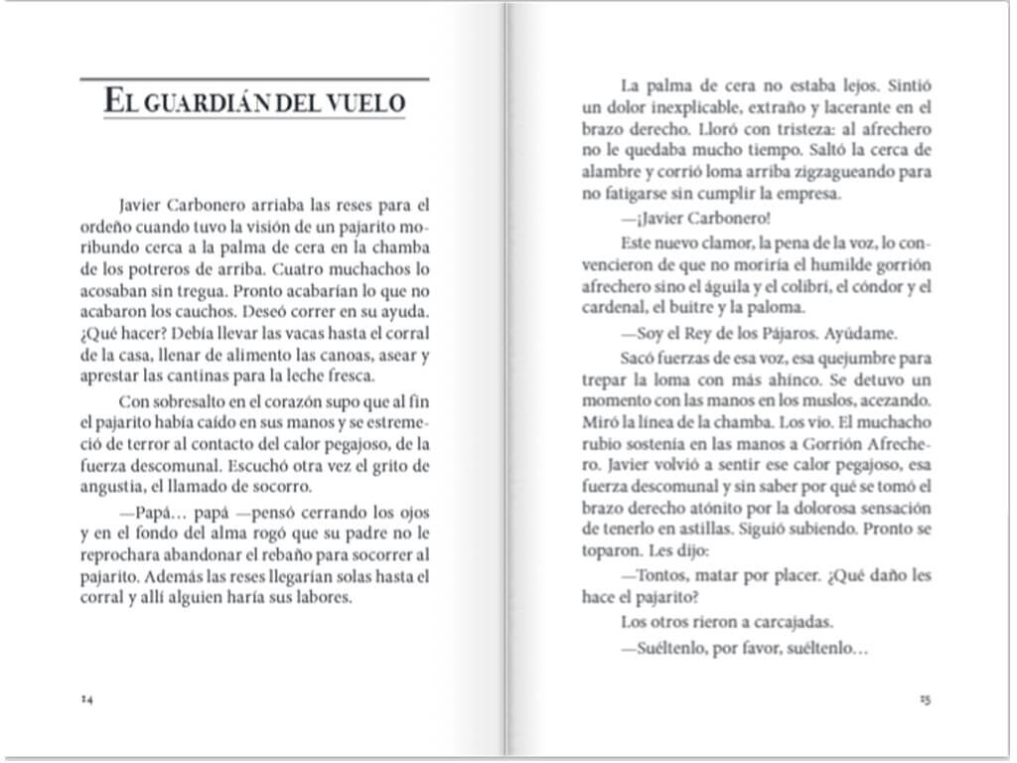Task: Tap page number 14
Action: [86, 699]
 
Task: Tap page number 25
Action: [925, 699]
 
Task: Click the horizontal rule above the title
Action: [254, 77]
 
